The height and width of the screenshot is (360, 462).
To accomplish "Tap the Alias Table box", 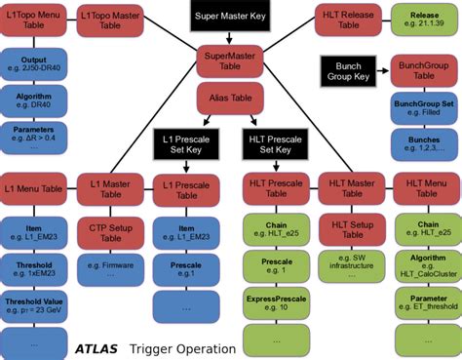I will tap(230, 98).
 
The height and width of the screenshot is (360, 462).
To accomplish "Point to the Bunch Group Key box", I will tap(348, 70).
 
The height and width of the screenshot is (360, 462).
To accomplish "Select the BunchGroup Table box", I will tap(423, 70).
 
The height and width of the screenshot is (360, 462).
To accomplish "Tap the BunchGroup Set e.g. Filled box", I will tap(423, 108).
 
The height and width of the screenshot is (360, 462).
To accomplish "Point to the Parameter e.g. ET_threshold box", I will tap(423, 303).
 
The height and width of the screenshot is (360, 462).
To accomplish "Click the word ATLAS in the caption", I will tap(98, 348).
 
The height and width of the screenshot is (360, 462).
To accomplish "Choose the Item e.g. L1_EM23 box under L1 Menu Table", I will tap(34, 233).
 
